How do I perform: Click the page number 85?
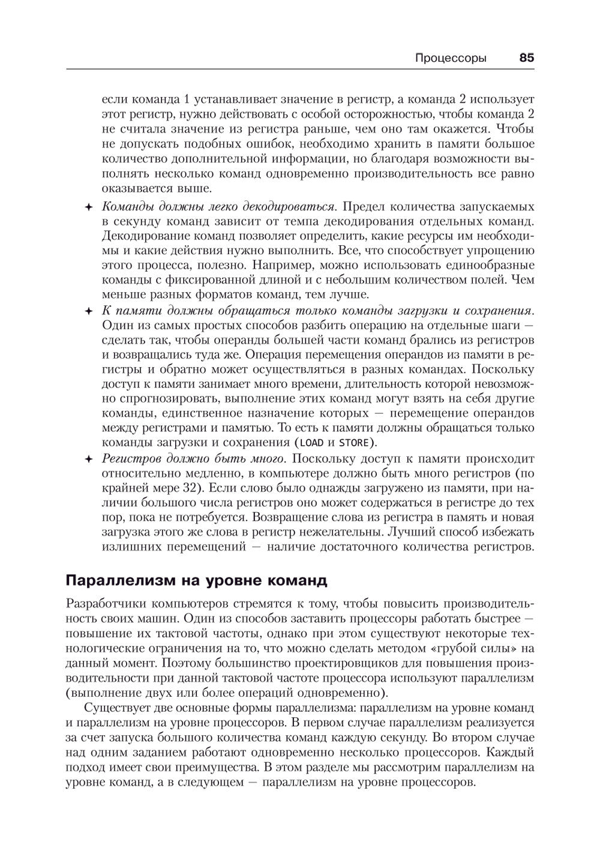coord(526,58)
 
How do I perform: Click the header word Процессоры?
coord(451,58)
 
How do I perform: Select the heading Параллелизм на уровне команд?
coord(196,581)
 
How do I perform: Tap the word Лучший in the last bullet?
coord(410,531)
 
